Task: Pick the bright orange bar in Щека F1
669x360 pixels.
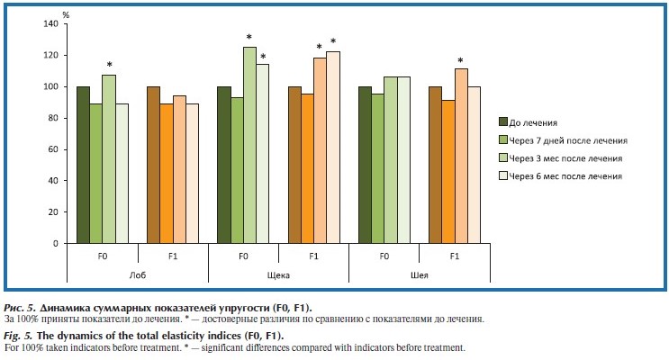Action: tap(306, 168)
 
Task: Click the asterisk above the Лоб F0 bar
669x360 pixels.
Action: tap(110, 65)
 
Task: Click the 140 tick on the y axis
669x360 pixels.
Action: tap(52, 23)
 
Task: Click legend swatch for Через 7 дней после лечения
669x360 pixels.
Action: tap(504, 139)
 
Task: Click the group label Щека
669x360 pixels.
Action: tap(279, 275)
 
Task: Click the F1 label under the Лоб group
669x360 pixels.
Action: tap(173, 256)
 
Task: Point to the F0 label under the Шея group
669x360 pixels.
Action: tap(384, 256)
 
